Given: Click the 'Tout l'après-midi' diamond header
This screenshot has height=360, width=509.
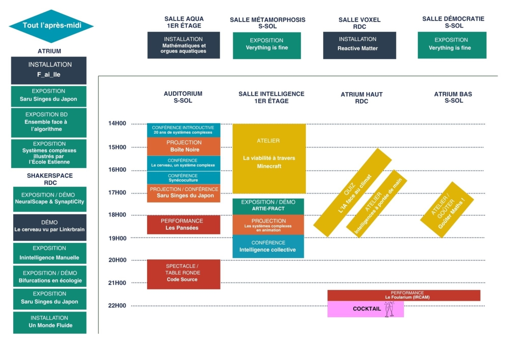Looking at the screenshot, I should point(51,26).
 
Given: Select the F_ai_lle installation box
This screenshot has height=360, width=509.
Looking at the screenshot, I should point(49,70).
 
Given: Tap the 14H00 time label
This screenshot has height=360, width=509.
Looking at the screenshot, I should point(117,124).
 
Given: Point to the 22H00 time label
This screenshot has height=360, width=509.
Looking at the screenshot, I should point(117,306).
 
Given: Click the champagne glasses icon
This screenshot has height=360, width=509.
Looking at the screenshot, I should point(389,309).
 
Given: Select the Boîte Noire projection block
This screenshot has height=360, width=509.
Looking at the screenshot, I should point(184,146).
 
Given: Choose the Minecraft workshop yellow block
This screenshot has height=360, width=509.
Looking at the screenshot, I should point(269,158).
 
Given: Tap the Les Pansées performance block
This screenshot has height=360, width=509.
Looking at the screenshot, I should point(184,225).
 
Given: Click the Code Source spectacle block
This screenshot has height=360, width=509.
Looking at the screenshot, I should point(184,274).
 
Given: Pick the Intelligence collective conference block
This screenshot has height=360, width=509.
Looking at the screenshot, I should point(268,246).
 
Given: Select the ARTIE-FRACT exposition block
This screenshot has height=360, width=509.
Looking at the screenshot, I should point(268,206).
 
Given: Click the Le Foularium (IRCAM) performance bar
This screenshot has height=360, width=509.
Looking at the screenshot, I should point(403,295).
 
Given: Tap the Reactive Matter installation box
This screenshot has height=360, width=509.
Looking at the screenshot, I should point(359,45).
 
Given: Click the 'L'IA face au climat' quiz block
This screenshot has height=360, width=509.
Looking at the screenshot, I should point(352,192).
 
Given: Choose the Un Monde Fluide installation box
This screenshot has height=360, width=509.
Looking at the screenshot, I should point(50,322).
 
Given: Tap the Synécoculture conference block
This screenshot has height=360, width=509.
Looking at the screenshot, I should point(184,177).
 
